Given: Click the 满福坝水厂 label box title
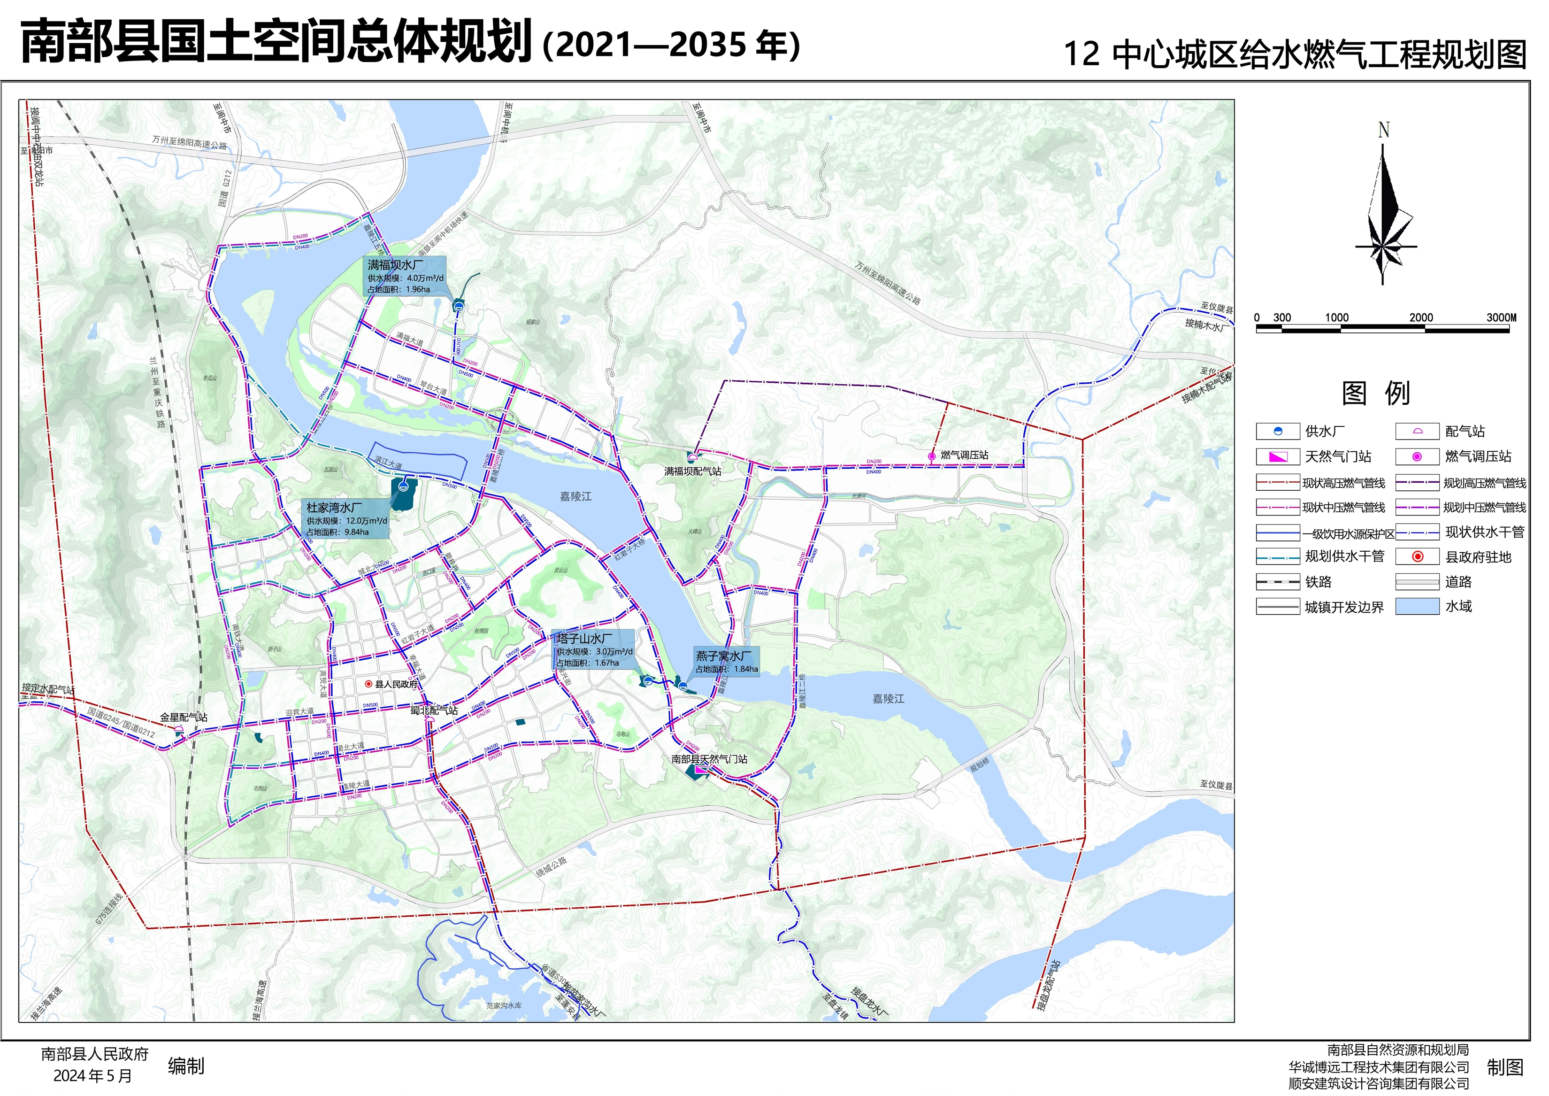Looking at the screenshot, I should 396,265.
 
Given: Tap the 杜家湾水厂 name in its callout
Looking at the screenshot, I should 334,508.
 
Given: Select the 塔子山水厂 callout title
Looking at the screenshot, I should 585,639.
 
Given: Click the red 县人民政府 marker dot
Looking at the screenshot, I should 368,684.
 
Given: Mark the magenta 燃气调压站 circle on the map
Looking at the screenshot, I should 932,456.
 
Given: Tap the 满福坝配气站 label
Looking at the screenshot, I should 693,471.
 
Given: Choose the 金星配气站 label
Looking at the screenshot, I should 184,718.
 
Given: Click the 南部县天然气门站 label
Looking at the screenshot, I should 709,759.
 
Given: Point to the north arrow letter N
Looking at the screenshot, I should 1384,130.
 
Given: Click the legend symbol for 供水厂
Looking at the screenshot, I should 1278,431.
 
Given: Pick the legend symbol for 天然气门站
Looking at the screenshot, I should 1278,457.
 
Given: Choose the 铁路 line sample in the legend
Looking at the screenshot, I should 1278,582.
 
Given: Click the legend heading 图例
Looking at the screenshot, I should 1376,394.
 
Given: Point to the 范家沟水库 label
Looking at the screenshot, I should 504,1005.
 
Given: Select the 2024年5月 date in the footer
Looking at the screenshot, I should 92,1076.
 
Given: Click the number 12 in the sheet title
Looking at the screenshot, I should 1081,54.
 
